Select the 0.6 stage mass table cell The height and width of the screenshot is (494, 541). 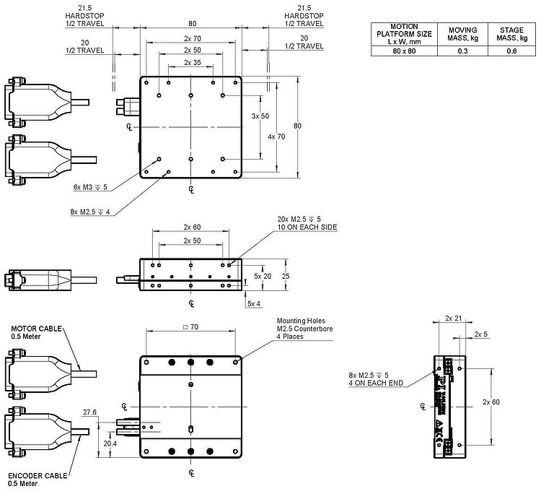[x=502, y=51]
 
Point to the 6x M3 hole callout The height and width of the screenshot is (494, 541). [x=89, y=186]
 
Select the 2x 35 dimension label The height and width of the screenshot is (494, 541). [x=192, y=63]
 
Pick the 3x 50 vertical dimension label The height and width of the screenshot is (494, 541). [x=260, y=116]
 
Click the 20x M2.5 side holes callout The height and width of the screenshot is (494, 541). [x=307, y=222]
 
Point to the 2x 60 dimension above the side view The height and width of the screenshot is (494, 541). [x=192, y=227]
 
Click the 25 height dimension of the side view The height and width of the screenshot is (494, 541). [x=286, y=276]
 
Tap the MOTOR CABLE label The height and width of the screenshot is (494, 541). [x=30, y=331]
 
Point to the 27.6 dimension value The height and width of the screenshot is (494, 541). [x=90, y=412]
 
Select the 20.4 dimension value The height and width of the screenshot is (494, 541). [x=110, y=443]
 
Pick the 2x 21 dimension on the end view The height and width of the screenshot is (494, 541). [x=454, y=318]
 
